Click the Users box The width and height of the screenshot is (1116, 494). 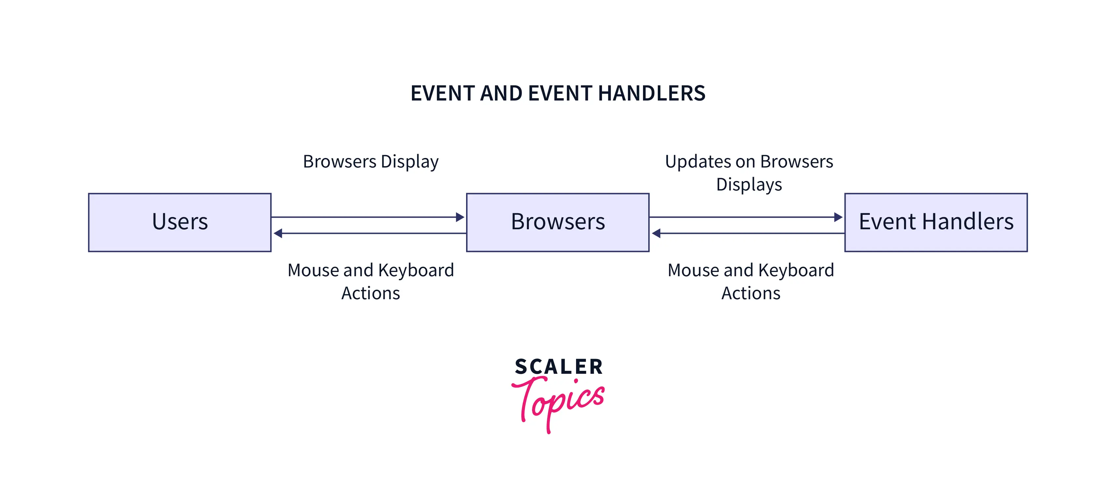pos(180,222)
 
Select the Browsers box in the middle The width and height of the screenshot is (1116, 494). pos(558,222)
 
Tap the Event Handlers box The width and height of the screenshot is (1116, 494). pos(936,222)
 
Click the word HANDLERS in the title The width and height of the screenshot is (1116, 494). pos(652,94)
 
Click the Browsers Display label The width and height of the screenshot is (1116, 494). pos(370,162)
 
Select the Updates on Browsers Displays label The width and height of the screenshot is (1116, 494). pos(749,172)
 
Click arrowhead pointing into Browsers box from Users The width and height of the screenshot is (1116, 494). pos(460,217)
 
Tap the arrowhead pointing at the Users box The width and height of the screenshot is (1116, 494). pos(278,234)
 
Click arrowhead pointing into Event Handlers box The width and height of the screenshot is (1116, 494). pos(838,217)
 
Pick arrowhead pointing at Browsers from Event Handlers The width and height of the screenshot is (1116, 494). pos(656,234)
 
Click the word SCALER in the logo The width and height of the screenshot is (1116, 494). pos(558,367)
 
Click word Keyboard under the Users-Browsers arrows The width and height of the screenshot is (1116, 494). pos(416,270)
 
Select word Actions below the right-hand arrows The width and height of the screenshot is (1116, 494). pos(751,293)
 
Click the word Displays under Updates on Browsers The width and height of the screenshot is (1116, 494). pos(749,185)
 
